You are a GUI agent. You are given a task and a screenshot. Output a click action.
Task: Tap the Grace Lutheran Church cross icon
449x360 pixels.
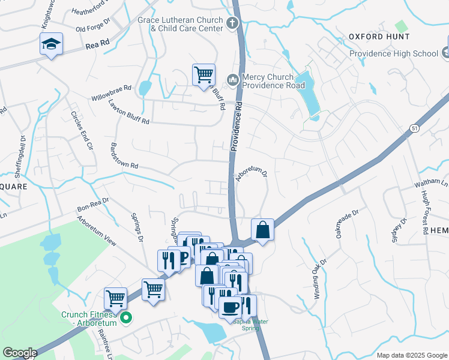click(x=233, y=23)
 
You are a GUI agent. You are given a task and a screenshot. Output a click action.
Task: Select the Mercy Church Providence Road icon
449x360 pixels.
click(x=232, y=79)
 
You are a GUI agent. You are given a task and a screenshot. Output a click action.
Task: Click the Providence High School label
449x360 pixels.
click(x=394, y=53)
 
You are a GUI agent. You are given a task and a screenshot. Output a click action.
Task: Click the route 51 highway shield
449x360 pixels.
click(x=414, y=128)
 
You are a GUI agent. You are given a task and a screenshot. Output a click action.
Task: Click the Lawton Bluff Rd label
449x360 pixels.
click(x=128, y=112)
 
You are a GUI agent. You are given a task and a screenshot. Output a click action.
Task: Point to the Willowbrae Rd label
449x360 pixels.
click(x=111, y=92)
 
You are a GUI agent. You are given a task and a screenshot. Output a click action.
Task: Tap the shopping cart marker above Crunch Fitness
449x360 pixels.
click(x=115, y=298)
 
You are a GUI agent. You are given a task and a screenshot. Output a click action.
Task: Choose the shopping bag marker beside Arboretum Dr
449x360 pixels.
click(x=263, y=229)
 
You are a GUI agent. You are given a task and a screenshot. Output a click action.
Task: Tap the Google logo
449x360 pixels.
click(x=20, y=353)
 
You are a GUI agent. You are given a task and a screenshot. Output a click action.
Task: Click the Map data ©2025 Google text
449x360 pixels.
click(x=411, y=355)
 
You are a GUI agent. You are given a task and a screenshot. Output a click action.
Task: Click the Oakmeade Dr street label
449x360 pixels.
click(x=347, y=223)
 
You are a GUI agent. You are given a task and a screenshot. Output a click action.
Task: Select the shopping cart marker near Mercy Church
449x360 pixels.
click(x=203, y=74)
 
